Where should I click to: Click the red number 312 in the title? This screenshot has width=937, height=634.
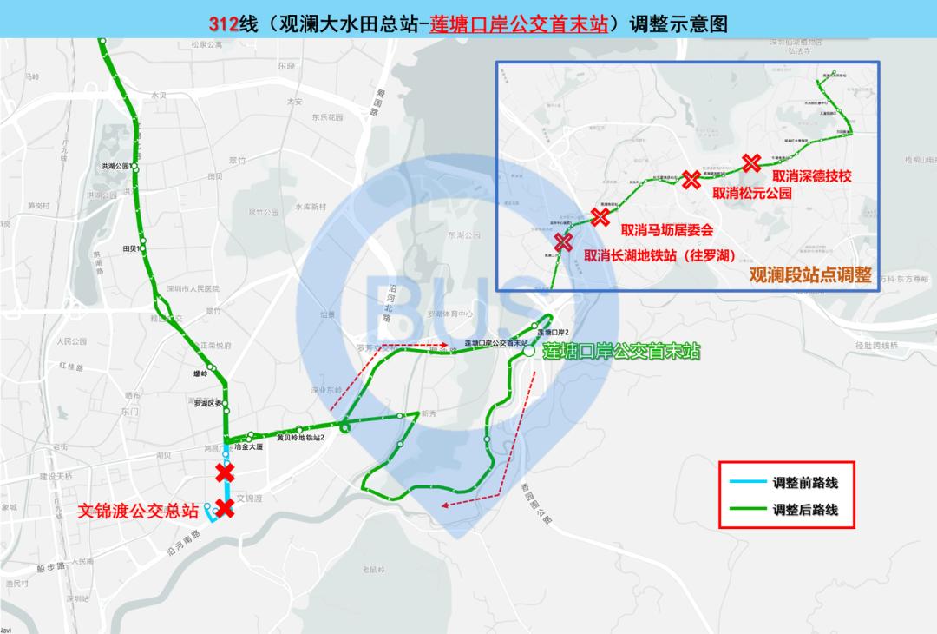click(x=224, y=23)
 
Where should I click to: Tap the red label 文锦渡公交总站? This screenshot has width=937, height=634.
click(x=138, y=510)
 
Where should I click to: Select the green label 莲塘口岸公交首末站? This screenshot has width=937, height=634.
click(x=620, y=353)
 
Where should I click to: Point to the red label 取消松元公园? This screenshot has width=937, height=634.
click(x=752, y=194)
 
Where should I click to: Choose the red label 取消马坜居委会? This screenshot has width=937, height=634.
click(x=666, y=231)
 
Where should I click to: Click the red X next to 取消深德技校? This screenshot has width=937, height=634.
click(x=751, y=162)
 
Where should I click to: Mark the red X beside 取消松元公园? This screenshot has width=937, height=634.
click(x=691, y=181)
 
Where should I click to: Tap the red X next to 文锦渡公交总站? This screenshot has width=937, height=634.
click(x=225, y=508)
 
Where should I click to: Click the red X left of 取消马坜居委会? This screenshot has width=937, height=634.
click(x=599, y=217)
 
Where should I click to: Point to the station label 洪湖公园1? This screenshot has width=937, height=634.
click(x=115, y=166)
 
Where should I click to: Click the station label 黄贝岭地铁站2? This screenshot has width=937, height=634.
click(x=299, y=438)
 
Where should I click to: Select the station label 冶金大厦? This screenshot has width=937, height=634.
click(x=248, y=446)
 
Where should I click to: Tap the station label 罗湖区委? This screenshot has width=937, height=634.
click(x=206, y=402)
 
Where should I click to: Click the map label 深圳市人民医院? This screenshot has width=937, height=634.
click(x=192, y=289)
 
